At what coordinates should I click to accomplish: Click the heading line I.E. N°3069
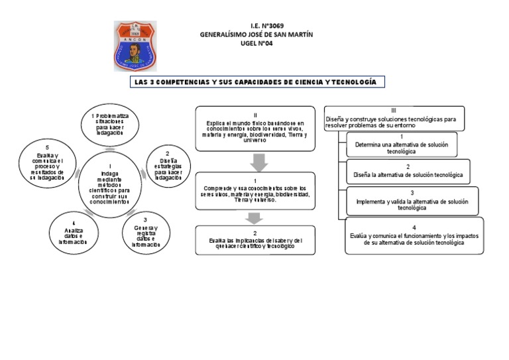tap(257, 26)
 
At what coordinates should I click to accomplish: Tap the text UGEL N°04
tap(257, 43)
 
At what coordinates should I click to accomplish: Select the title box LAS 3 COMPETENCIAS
tap(257, 82)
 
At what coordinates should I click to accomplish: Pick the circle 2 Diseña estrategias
tap(167, 165)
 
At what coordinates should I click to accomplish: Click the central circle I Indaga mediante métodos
tap(110, 183)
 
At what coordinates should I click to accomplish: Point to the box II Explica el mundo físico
tap(255, 129)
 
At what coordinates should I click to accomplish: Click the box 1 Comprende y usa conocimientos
tap(255, 191)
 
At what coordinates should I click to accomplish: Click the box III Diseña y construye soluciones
tap(394, 118)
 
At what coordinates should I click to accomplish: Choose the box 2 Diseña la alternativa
tap(407, 171)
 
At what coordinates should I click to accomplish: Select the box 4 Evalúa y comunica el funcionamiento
tap(414, 235)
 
